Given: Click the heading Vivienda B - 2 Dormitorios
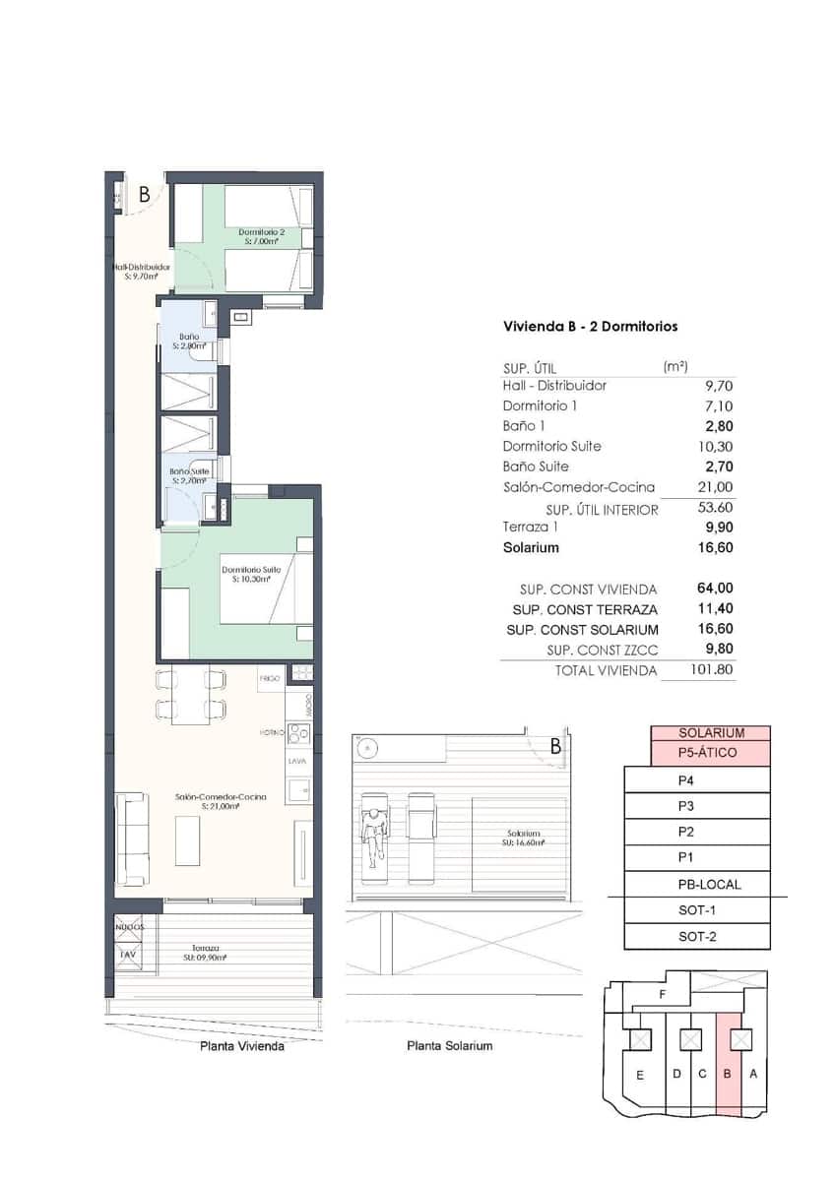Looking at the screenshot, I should point(590,326).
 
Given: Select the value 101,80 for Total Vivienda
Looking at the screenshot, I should point(712,670).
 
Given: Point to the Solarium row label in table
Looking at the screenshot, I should point(531,548).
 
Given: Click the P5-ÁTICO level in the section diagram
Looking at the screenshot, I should point(710,753).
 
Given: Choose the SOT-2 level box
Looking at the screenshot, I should point(696,936).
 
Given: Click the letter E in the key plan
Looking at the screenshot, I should point(639,1075).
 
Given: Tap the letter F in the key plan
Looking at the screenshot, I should point(664,995).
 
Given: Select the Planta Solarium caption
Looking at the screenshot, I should point(449,1046).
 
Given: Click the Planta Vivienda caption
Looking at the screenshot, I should point(241,1047).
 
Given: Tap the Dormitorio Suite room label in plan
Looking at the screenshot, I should point(251,574).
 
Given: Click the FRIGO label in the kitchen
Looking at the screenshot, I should point(270,678).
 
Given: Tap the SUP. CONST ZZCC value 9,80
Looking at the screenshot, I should point(716,650).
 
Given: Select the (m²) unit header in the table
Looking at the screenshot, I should point(676,366).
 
